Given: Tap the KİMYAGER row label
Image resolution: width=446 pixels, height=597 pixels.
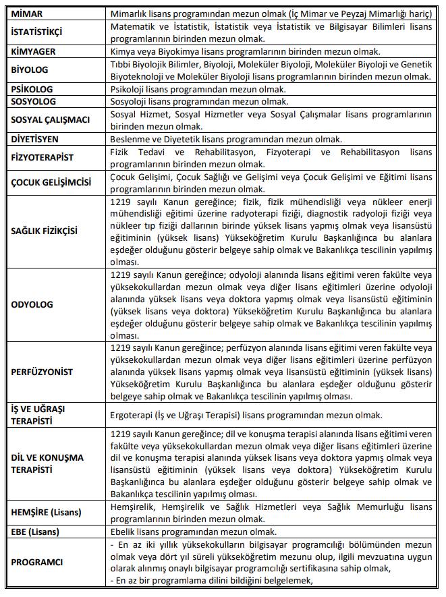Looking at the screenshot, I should [34, 51].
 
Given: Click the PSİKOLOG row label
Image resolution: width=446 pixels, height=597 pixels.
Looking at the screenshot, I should [32, 89].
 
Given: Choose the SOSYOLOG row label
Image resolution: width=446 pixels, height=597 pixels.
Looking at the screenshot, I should [33, 102].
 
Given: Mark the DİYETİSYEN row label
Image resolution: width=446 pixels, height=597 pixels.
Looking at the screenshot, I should [36, 139].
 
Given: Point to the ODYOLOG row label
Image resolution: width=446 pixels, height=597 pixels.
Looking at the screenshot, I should [32, 304].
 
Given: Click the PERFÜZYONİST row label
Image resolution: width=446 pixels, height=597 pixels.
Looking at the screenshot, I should [43, 372].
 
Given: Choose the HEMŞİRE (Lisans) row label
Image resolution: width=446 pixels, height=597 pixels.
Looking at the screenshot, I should [47, 512].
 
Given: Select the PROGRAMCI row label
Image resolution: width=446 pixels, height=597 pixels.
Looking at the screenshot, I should [38, 562].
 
